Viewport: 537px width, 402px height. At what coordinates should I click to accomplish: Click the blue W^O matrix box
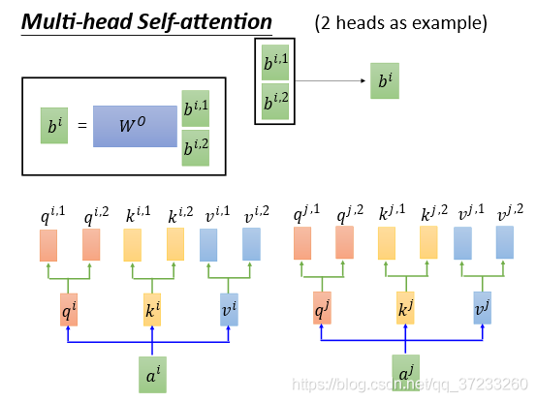tap(135, 126)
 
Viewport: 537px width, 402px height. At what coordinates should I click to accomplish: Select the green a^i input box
tap(152, 375)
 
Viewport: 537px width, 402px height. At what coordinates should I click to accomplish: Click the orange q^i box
tap(69, 310)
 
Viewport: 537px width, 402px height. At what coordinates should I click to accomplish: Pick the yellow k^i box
tap(152, 310)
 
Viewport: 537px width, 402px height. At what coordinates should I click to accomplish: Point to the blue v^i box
tap(229, 310)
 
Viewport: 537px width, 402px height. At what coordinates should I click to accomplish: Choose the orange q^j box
tap(322, 308)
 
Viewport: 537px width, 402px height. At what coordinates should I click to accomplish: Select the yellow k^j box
tap(405, 308)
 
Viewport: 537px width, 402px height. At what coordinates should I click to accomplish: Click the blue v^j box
tap(482, 308)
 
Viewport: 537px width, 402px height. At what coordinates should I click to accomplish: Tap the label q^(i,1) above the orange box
tap(52, 215)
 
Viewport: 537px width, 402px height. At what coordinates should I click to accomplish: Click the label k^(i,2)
tap(180, 215)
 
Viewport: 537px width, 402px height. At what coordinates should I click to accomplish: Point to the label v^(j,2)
tap(510, 212)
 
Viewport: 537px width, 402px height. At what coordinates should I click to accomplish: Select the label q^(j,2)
tap(350, 214)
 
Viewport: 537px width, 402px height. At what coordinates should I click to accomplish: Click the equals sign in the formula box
tap(82, 126)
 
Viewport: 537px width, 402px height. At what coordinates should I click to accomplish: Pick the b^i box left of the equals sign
tap(54, 126)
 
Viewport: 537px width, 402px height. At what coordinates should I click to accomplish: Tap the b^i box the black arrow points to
tap(385, 80)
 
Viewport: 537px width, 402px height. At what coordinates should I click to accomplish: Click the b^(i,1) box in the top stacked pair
tap(275, 62)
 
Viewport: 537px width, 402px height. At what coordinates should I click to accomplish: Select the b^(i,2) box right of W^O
tap(195, 148)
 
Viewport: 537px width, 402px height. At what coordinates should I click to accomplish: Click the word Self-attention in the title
tap(205, 22)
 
